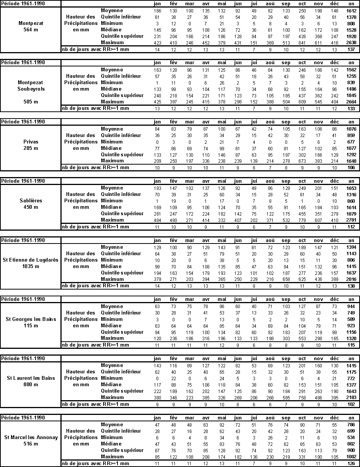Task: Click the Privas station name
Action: (x=31, y=142)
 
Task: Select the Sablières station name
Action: (x=31, y=200)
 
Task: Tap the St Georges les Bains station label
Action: (x=31, y=319)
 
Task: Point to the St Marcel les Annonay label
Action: (x=31, y=437)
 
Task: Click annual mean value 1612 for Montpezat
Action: (x=351, y=11)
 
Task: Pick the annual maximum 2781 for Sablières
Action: (x=351, y=220)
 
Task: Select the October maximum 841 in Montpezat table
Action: (x=302, y=43)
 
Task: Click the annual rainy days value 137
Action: (x=351, y=49)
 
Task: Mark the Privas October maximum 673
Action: (x=302, y=161)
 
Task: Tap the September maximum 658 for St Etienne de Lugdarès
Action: (x=286, y=279)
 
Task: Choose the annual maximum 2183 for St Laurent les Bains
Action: (x=351, y=398)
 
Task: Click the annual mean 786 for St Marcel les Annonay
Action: (x=351, y=425)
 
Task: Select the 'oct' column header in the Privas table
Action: (x=302, y=122)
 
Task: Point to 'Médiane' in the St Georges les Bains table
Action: (x=111, y=325)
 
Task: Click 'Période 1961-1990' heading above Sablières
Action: (x=23, y=181)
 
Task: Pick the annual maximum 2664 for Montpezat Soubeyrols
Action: (x=351, y=102)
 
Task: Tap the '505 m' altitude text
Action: (x=31, y=102)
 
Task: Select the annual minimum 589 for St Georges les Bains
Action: (x=351, y=319)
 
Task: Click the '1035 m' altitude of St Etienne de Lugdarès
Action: (x=31, y=266)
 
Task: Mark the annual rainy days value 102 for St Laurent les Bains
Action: (x=351, y=404)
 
